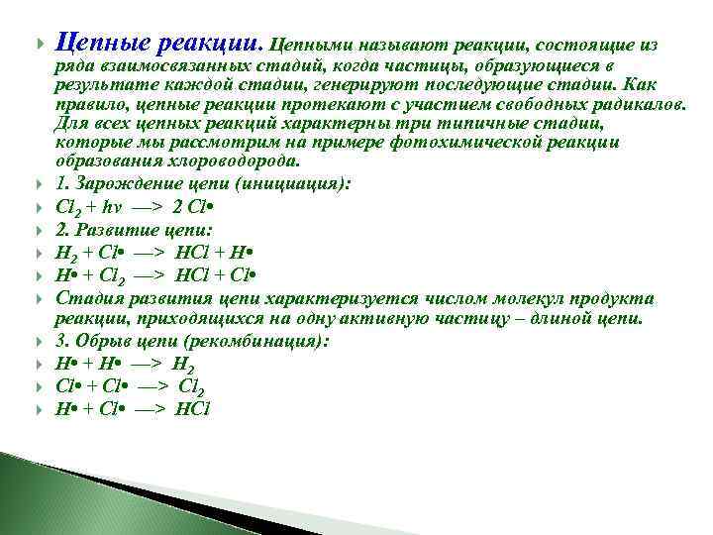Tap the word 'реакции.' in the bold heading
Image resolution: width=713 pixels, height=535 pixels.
(x=209, y=45)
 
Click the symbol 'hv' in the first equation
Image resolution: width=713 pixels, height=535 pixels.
(x=132, y=206)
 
